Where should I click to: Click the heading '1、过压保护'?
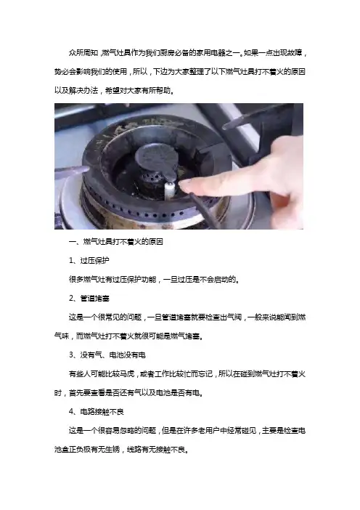tap(89, 261)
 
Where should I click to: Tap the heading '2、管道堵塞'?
tap(89, 299)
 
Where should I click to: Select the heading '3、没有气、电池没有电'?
tap(107, 355)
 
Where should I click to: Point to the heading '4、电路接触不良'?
tap(97, 412)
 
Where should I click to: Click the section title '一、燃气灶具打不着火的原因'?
tap(116, 242)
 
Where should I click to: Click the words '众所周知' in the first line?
tap(83, 53)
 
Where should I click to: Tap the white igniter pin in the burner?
tap(170, 190)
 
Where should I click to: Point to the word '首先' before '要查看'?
tap(76, 393)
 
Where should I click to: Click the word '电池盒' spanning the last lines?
tap(62, 450)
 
